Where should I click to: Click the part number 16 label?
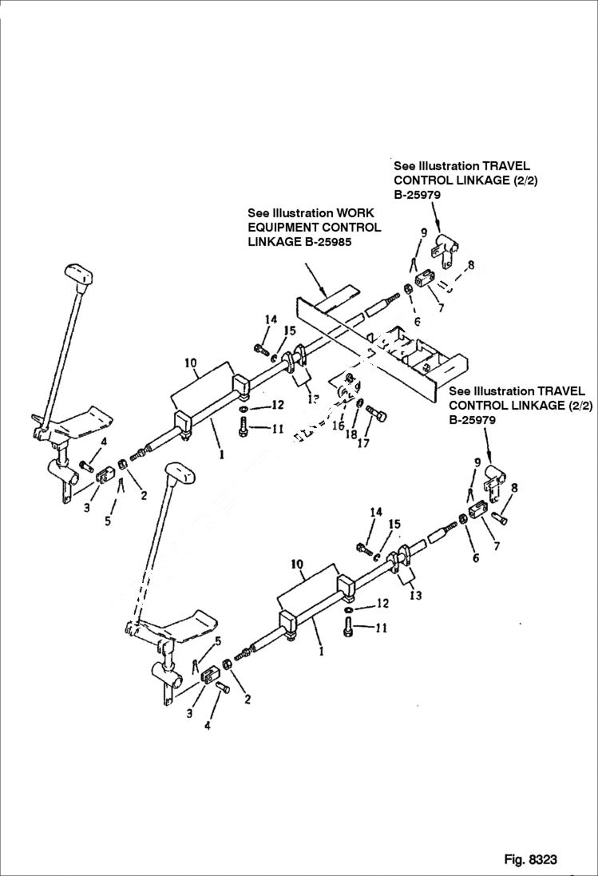338,426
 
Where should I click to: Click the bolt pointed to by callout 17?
376,414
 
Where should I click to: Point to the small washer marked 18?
359,403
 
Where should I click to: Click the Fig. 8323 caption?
530,860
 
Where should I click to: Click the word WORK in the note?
354,213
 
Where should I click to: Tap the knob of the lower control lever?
181,474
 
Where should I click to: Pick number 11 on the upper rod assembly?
276,429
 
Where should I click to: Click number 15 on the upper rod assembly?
289,331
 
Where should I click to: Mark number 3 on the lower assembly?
189,713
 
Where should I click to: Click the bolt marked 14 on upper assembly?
260,347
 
